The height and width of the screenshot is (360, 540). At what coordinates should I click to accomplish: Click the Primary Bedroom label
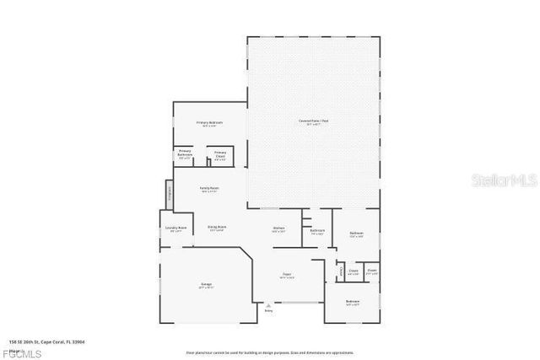pos(210,124)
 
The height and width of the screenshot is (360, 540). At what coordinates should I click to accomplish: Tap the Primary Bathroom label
pos(185,153)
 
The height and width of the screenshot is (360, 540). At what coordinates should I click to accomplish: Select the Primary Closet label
pos(219,155)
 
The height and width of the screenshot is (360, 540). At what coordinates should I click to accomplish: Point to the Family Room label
pos(209,189)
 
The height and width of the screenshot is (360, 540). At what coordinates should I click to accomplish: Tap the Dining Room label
pos(216,228)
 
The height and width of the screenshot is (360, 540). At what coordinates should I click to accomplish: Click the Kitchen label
pos(278,229)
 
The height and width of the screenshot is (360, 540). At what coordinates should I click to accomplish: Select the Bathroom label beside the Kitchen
pos(317,232)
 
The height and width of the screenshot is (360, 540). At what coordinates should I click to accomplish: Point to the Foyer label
pos(286,276)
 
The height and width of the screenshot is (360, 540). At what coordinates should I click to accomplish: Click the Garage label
pos(206,286)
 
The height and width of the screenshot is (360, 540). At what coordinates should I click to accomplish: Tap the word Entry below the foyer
pos(268,312)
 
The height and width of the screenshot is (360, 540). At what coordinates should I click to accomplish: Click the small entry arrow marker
pos(268,305)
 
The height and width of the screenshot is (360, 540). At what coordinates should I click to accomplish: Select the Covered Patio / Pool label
pos(313,123)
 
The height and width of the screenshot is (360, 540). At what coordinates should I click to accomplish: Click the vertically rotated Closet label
pos(342,271)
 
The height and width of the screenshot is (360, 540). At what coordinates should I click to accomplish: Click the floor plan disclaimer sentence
pos(270,352)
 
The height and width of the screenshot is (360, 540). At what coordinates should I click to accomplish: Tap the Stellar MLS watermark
pos(504,180)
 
